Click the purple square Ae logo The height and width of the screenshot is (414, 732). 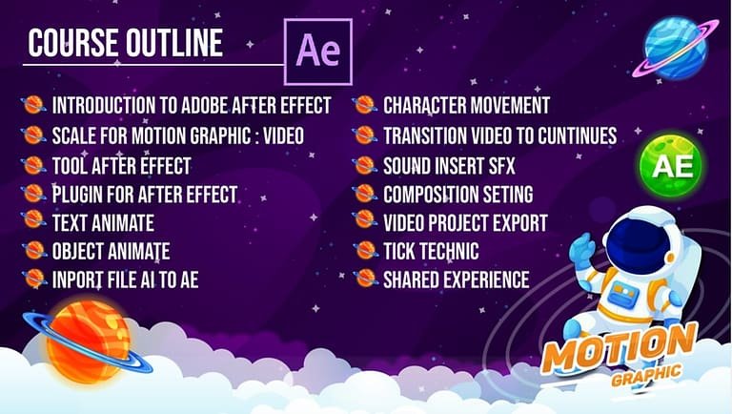318,52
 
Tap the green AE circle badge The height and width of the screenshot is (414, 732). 670,166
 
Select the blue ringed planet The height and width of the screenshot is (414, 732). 676,47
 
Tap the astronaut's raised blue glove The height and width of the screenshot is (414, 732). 582,250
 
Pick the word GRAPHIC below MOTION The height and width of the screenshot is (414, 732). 645,375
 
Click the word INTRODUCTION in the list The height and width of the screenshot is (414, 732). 104,106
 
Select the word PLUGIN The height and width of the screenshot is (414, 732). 77,195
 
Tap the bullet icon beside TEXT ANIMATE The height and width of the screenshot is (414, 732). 33,219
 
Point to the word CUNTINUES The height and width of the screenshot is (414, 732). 577,136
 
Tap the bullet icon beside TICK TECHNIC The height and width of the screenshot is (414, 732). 365,250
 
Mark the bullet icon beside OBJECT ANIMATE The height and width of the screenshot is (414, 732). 33,250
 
